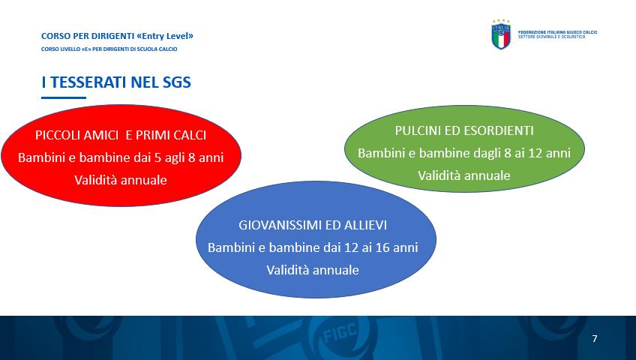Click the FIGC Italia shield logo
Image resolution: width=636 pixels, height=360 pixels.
(x=501, y=34)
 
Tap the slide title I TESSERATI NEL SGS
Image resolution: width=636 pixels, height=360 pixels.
(x=116, y=82)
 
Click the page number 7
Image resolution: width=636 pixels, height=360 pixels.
(x=595, y=338)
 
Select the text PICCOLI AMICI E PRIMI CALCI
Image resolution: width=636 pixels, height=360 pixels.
(x=121, y=135)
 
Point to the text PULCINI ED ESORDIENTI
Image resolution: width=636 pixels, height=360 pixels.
(x=464, y=130)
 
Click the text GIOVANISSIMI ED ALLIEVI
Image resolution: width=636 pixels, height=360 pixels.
(x=313, y=225)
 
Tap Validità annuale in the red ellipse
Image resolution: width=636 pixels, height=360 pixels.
(x=121, y=180)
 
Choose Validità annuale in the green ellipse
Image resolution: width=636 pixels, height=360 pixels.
(x=464, y=175)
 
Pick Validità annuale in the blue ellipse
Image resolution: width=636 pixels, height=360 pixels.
(x=313, y=270)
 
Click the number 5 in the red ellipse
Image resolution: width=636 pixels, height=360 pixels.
(x=157, y=157)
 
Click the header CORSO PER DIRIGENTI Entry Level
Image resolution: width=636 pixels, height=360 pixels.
(x=117, y=36)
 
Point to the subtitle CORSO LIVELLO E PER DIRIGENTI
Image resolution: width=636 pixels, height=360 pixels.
(x=109, y=49)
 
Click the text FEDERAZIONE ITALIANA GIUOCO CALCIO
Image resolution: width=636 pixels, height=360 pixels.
(x=557, y=32)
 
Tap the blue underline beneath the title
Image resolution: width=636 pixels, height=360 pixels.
(x=64, y=97)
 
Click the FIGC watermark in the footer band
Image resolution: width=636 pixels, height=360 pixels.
(x=340, y=333)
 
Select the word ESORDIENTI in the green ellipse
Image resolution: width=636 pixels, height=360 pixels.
(x=500, y=130)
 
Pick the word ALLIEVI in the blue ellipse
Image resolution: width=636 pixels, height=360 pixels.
(x=365, y=225)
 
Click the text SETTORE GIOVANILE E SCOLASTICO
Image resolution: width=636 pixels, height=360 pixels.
(x=552, y=37)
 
